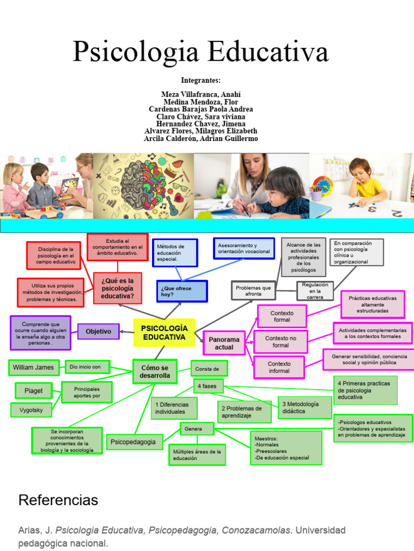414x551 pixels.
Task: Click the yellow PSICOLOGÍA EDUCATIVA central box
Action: coord(164,333)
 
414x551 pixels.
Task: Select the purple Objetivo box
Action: coord(98,331)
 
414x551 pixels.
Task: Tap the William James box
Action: coord(33,368)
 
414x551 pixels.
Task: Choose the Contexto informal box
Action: coord(279,368)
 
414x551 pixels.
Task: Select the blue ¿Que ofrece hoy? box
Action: coord(182,291)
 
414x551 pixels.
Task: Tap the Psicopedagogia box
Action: coord(133,442)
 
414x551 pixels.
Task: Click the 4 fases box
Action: coord(208,386)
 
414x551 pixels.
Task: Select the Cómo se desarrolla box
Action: coord(155,372)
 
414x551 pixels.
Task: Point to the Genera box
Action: coord(196,429)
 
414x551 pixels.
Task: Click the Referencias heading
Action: coord(58,500)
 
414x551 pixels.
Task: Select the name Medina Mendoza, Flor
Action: coord(201,102)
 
